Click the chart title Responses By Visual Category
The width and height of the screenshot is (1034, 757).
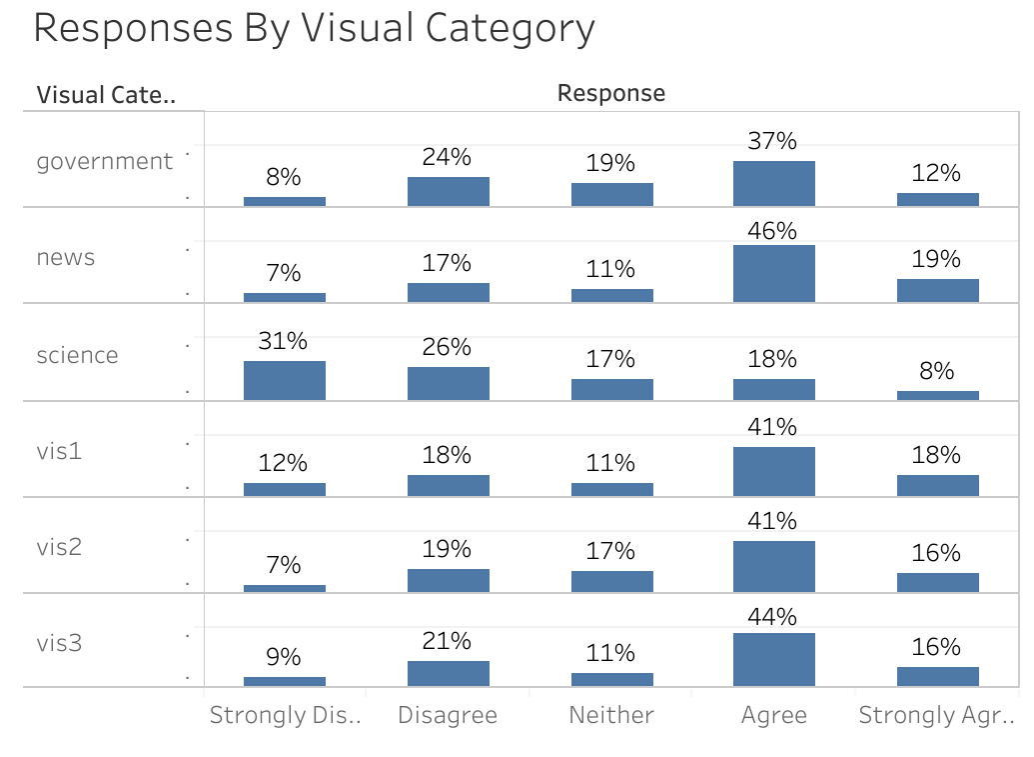314,28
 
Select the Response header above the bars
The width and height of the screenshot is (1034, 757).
610,93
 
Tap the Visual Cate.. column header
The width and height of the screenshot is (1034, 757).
106,95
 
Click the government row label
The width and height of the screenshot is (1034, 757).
104,161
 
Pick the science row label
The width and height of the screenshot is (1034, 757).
77,355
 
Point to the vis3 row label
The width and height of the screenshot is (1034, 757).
59,643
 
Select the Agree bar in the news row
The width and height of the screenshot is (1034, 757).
773,273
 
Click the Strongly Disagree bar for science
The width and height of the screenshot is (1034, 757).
284,380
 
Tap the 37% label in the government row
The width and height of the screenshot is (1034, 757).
772,142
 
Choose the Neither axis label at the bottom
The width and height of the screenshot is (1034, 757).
610,715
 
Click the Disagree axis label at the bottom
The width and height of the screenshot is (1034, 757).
447,715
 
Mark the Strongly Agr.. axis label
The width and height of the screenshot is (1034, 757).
936,715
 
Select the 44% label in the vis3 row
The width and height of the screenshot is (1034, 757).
772,617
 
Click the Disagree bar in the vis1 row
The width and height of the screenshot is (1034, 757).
448,485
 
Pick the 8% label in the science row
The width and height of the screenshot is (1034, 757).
936,371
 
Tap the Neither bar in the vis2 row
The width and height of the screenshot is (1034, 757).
611,581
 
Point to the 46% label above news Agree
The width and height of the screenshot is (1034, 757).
772,231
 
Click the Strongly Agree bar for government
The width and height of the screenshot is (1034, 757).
937,199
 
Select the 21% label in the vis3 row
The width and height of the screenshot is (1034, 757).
447,641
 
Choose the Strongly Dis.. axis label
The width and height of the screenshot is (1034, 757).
285,715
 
